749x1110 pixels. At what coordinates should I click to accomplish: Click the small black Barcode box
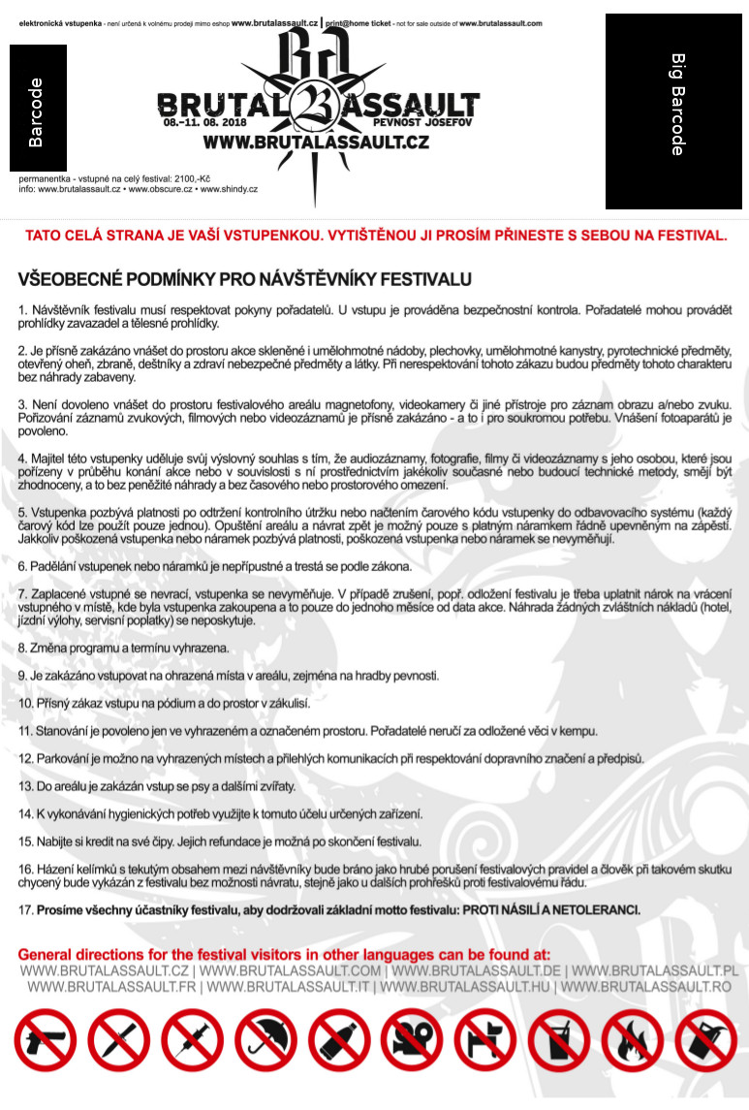point(38,109)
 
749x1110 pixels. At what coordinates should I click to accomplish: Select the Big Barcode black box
point(673,111)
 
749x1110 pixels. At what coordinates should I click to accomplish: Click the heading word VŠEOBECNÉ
point(75,280)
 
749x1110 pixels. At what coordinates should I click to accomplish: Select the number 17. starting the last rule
point(26,910)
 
